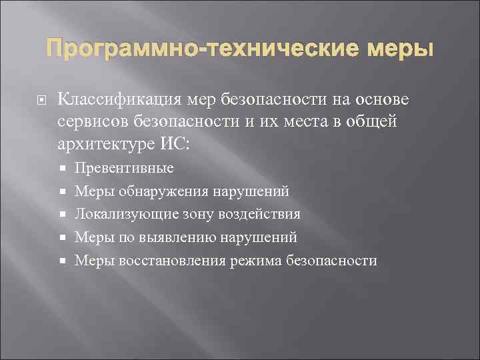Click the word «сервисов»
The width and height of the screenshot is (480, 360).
(x=91, y=122)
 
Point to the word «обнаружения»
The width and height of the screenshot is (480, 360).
(x=164, y=191)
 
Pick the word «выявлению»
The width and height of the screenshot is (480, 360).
(x=174, y=237)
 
